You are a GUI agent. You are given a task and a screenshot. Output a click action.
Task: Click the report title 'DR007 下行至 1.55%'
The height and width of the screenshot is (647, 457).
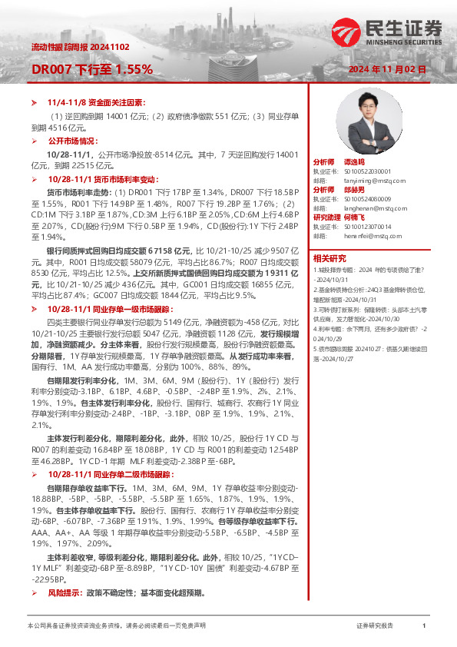click(91, 69)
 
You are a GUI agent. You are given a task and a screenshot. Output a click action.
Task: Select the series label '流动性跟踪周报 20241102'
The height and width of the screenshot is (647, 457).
click(71, 47)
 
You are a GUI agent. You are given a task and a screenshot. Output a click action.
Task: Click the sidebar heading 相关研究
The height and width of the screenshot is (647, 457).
click(330, 258)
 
